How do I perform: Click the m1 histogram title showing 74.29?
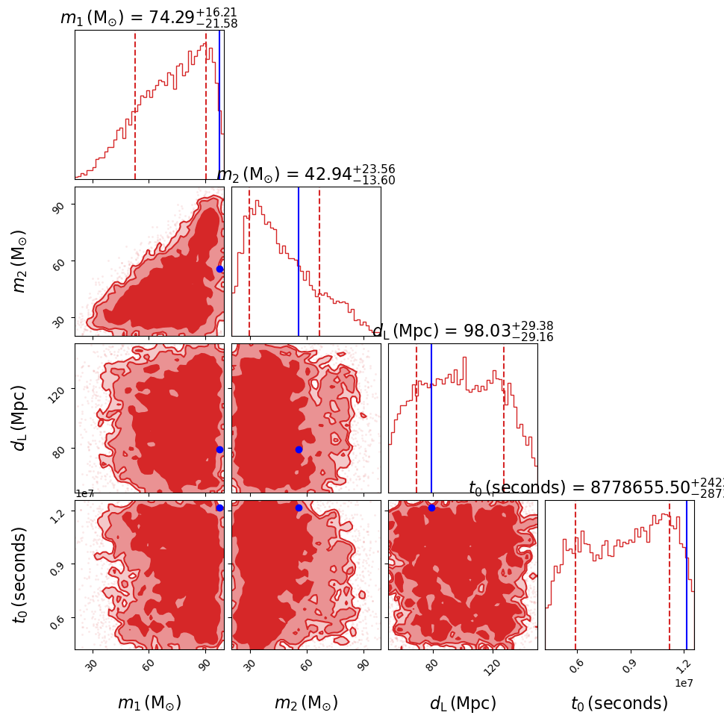[x=149, y=18]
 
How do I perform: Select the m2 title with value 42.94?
[x=306, y=175]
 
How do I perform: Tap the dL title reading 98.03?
[x=463, y=331]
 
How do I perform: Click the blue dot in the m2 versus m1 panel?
[x=219, y=269]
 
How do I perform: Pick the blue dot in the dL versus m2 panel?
[x=299, y=449]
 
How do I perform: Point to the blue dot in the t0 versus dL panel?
[x=431, y=508]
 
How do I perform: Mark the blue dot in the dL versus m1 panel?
[x=219, y=449]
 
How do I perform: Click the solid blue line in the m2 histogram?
[x=299, y=261]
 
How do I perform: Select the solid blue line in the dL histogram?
[x=431, y=418]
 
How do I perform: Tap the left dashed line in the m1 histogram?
[x=135, y=104]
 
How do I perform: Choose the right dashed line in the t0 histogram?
[x=670, y=575]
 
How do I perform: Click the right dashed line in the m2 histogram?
[x=319, y=261]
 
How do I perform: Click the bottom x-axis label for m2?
[x=306, y=703]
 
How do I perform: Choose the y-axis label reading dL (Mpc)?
[x=20, y=418]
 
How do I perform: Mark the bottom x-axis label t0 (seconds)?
[x=620, y=703]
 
